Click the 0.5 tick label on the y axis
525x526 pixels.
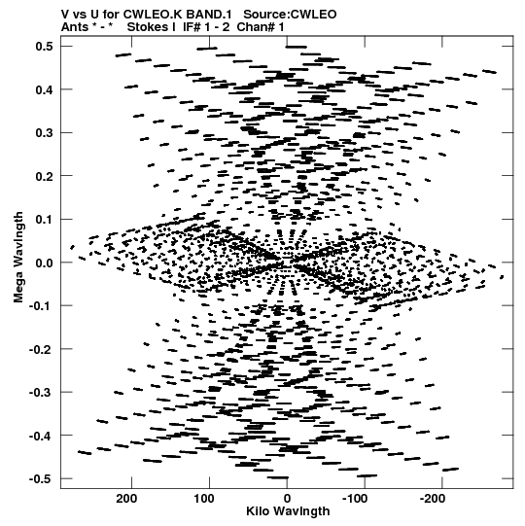coord(44,46)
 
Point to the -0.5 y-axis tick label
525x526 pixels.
coord(41,478)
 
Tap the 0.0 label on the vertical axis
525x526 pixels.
coord(44,263)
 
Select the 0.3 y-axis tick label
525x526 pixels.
coord(44,133)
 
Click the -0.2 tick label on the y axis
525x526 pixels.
coord(41,349)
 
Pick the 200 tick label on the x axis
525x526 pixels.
coord(126,499)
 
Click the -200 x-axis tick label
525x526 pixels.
coord(433,499)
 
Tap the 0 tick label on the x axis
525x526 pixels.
coord(287,499)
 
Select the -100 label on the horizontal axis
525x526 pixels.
coord(355,499)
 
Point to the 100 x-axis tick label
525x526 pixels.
coord(204,499)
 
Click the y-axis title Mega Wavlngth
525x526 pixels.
coord(18,257)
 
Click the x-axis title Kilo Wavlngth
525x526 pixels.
coord(288,511)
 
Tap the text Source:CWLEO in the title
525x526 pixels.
coord(290,15)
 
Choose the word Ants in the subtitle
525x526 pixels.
coord(75,27)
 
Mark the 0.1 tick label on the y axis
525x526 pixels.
coord(44,220)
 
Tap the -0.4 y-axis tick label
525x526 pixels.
coord(41,436)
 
